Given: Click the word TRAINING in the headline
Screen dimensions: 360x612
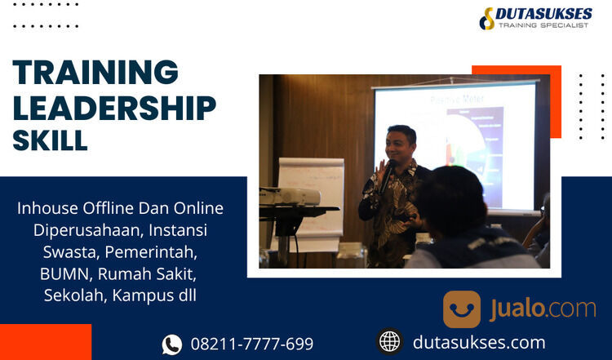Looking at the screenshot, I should (95, 73).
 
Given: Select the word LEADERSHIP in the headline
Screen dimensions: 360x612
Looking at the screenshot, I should (114, 107).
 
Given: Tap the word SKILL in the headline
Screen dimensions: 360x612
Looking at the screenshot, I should (50, 140).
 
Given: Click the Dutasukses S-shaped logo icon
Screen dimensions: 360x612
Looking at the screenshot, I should (488, 18).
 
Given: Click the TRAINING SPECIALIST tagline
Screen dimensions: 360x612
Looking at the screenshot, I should (544, 26).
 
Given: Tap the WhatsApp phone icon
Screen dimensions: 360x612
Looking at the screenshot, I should (172, 344).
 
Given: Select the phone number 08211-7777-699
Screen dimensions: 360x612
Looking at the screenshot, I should (251, 344).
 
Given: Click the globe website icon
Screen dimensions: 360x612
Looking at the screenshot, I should (390, 341).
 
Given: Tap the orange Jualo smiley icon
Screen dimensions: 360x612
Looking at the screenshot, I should (462, 309).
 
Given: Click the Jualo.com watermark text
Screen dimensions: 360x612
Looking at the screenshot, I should (543, 309).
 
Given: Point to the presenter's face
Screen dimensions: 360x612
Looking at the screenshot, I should (401, 145).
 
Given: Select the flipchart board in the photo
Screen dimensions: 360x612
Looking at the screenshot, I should (311, 196).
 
